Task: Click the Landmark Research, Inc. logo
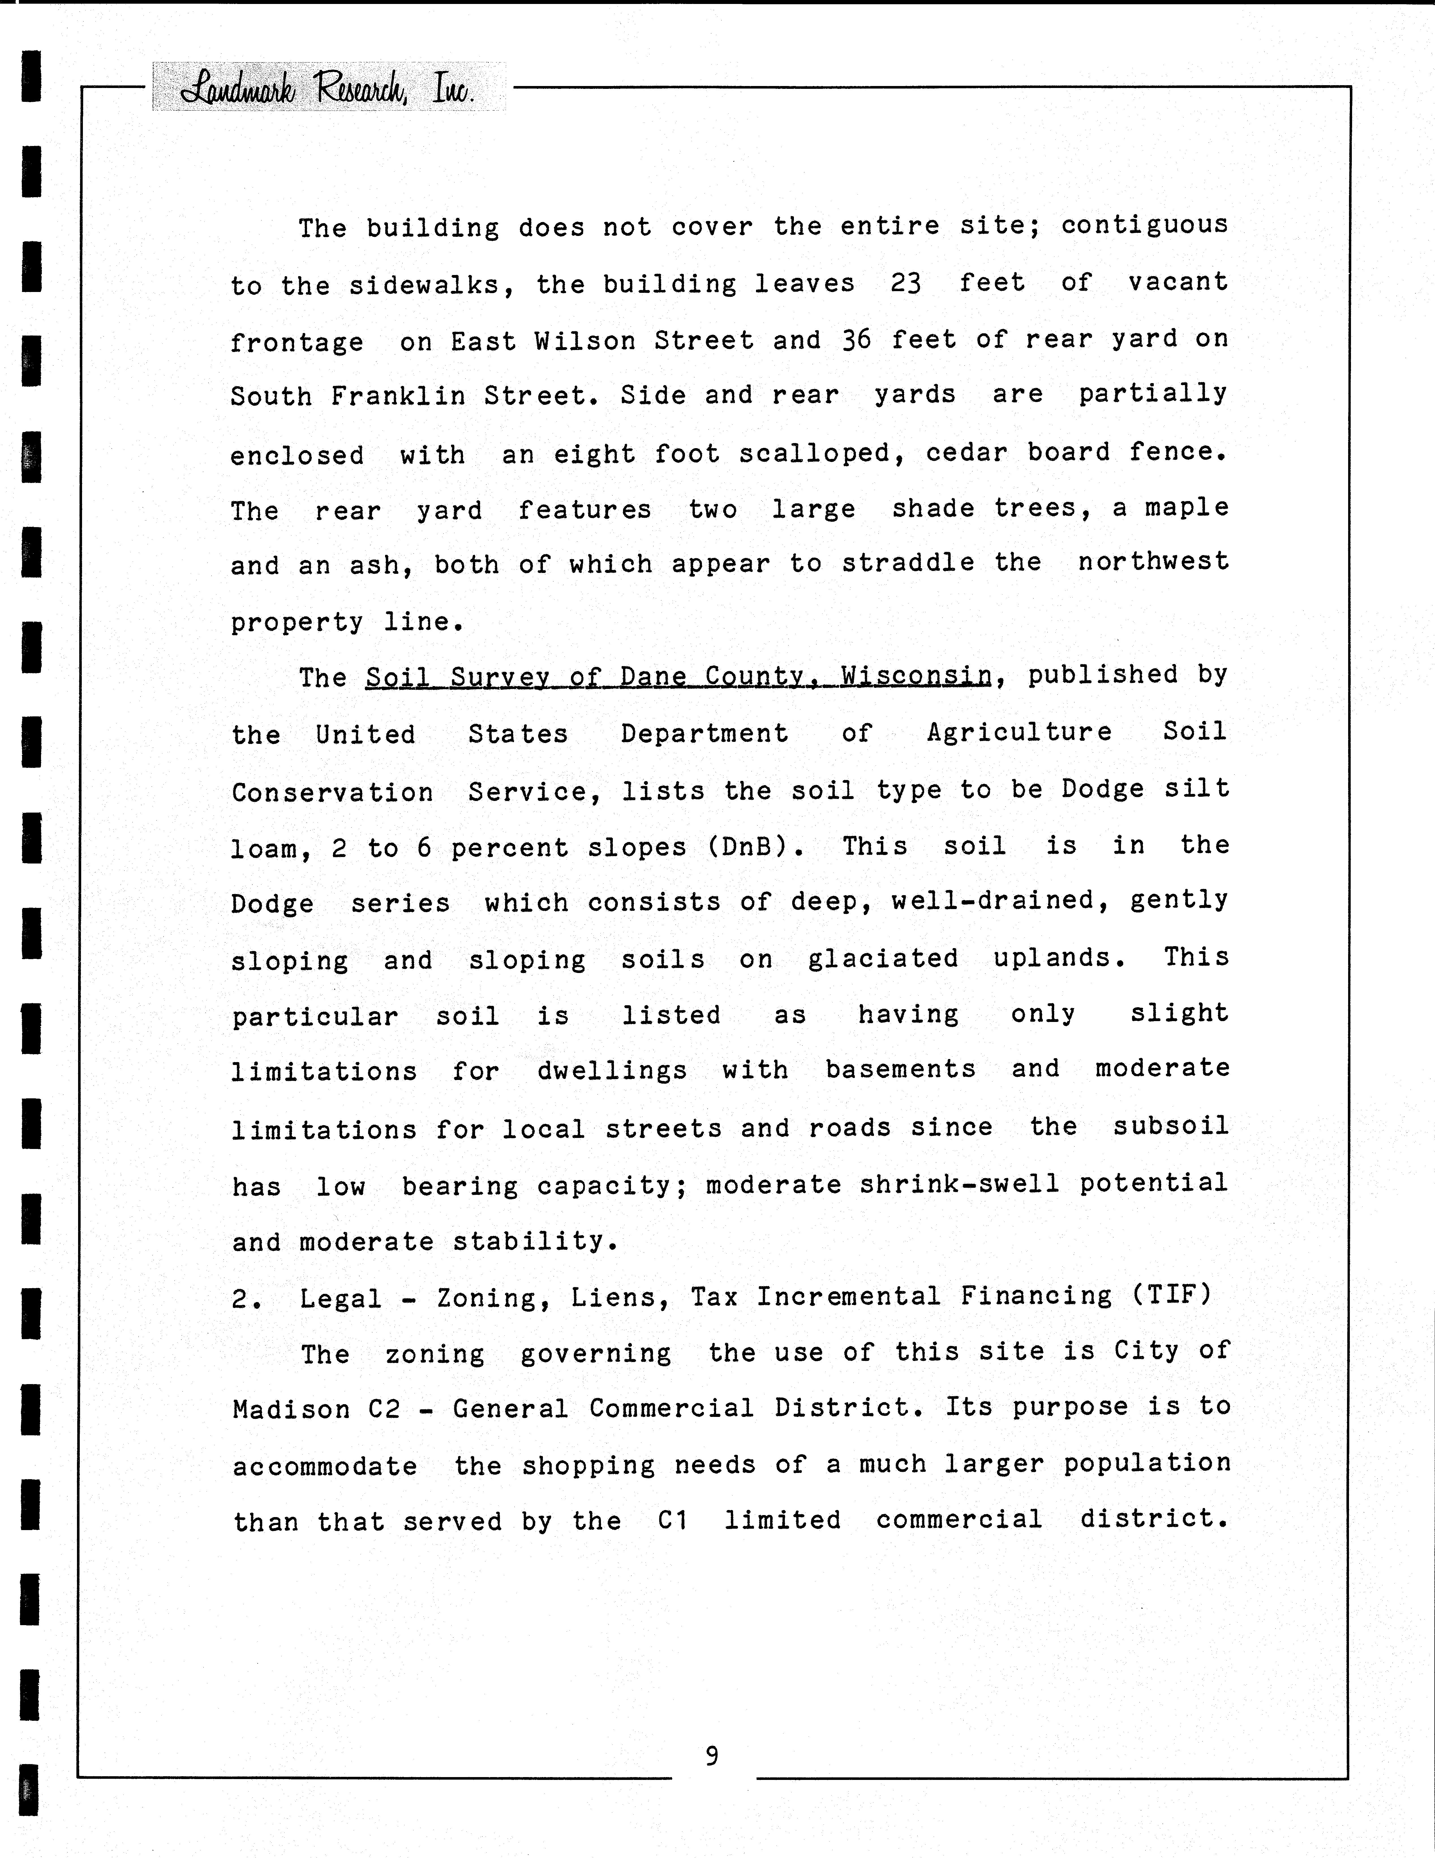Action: coord(328,88)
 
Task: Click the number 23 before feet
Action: coord(906,282)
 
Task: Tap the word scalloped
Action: coord(821,453)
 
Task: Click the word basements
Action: coord(900,1069)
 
